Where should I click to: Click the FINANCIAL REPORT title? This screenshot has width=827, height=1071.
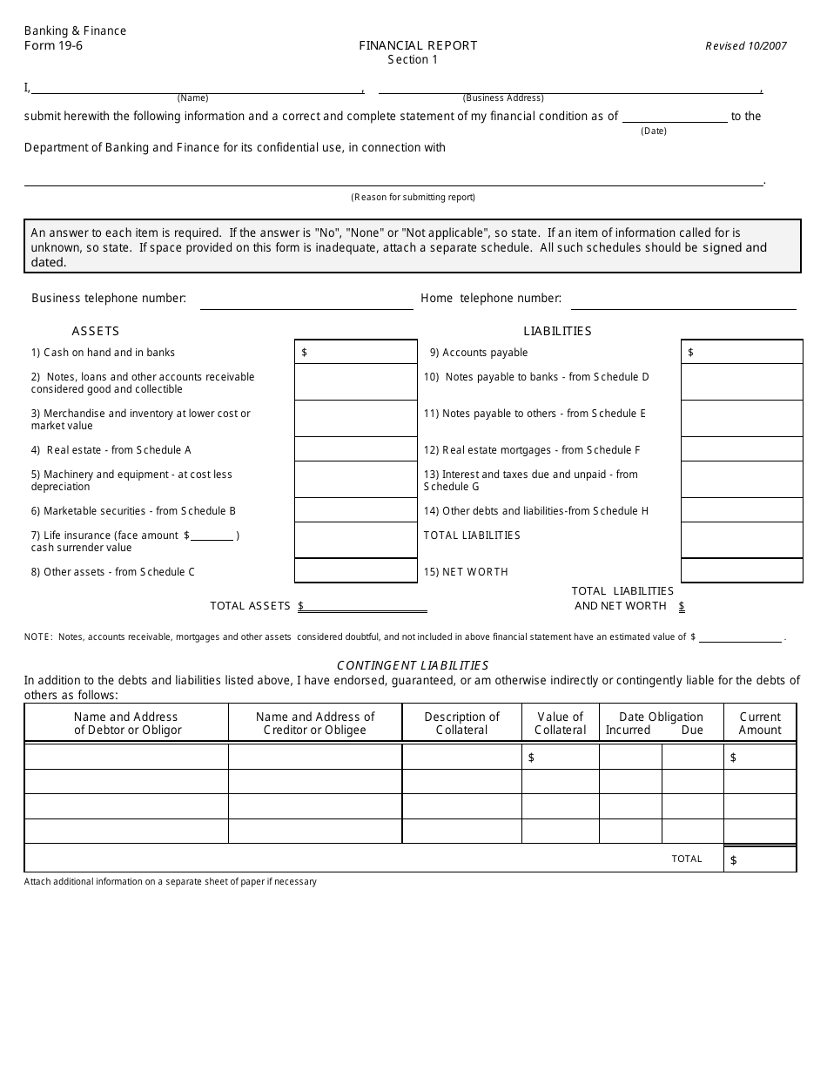click(x=418, y=45)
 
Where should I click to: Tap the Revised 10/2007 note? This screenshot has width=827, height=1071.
click(x=745, y=46)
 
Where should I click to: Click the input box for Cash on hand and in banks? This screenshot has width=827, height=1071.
click(x=356, y=352)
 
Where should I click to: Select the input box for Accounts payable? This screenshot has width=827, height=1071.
click(x=742, y=352)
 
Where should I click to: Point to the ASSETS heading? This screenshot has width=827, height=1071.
click(x=96, y=331)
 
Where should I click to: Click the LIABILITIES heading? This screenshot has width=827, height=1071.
click(x=557, y=331)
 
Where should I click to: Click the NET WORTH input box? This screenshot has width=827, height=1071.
click(x=742, y=570)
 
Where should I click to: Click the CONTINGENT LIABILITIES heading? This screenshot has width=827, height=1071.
click(x=413, y=665)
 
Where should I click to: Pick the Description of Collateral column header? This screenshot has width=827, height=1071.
click(x=461, y=724)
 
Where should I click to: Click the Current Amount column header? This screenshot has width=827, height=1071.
click(x=760, y=724)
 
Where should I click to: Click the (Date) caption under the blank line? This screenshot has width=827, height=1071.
click(x=653, y=131)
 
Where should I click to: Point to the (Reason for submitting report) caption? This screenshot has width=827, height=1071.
click(x=413, y=197)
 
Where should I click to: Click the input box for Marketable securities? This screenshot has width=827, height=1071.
click(x=356, y=510)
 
